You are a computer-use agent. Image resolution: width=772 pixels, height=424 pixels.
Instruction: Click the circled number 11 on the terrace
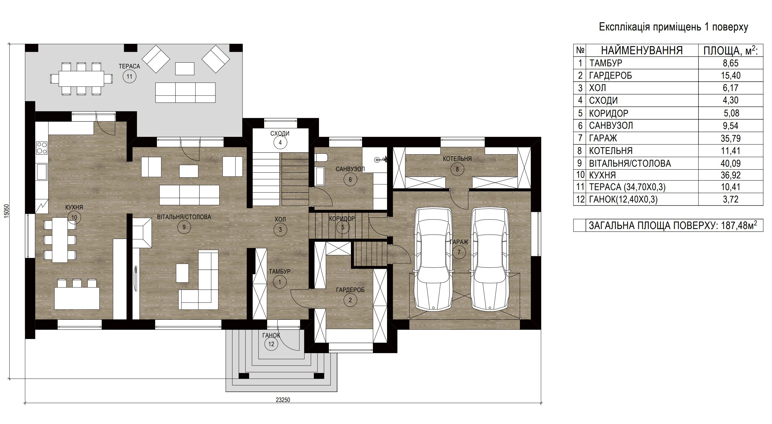[x=129, y=77]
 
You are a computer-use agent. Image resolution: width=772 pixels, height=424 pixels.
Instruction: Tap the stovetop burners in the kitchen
[x=42, y=148]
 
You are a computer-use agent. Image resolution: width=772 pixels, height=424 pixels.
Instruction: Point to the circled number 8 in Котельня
[x=457, y=169]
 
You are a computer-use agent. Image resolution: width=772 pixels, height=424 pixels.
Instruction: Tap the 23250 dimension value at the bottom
[x=283, y=400]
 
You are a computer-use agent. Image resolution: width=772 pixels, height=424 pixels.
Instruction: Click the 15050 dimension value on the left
[x=7, y=211]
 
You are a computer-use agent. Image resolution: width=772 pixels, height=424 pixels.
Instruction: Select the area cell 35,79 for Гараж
[x=731, y=138]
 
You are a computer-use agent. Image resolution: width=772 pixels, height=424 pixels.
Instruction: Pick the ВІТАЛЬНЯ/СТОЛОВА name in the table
[x=630, y=163]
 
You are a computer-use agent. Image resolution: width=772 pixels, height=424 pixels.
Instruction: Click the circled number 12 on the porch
[x=271, y=344]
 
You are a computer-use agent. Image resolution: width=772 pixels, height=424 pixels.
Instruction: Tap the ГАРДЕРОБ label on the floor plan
[x=350, y=290]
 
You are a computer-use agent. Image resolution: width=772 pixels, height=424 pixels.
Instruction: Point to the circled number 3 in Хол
[x=280, y=230]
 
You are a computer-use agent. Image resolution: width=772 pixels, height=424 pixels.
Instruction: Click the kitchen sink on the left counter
[x=42, y=172]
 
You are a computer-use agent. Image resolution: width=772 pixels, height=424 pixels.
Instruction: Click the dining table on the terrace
[x=81, y=79]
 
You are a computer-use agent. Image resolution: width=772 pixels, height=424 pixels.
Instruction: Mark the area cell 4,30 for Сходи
[x=731, y=100]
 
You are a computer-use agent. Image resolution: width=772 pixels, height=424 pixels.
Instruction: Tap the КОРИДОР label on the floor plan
[x=342, y=219]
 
